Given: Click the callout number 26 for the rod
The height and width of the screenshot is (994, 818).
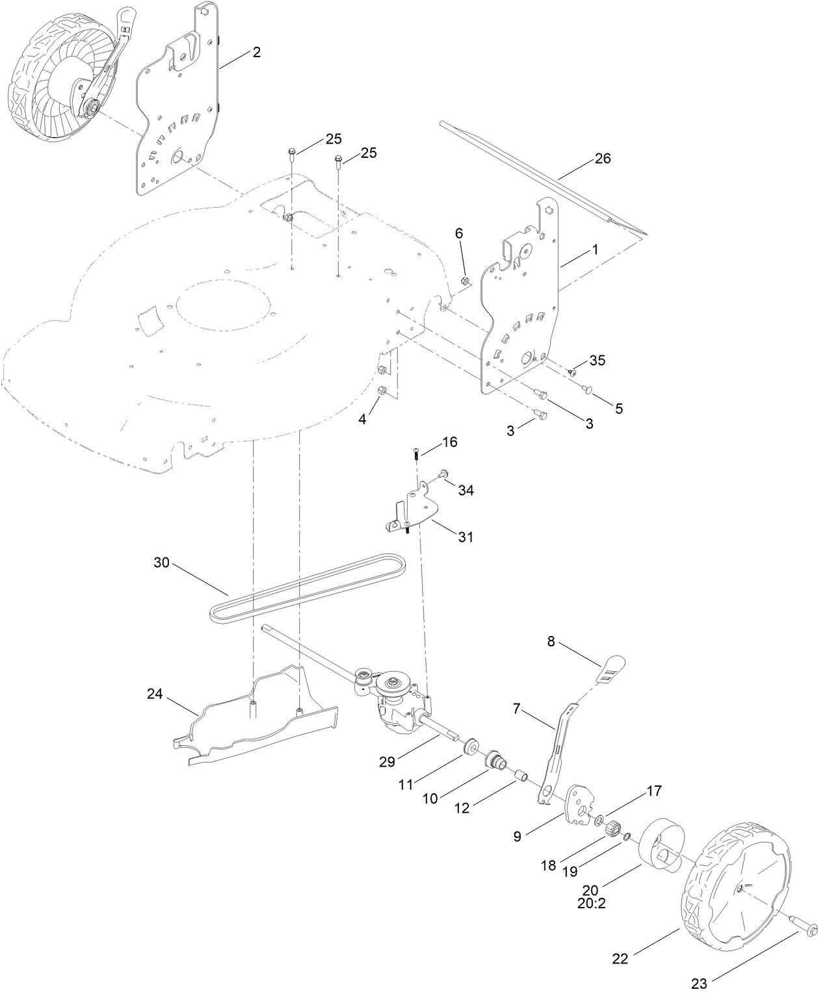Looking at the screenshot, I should [603, 159].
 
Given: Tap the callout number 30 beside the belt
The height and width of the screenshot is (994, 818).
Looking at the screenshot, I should [161, 563].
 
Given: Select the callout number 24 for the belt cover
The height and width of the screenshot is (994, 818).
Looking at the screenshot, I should [154, 695].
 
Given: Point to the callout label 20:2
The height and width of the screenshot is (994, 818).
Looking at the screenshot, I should [591, 903].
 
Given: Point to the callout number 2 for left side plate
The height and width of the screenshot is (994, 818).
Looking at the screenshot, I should [256, 53].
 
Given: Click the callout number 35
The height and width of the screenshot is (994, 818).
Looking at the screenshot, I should [597, 361].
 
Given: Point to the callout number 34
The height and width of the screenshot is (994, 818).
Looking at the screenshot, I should [466, 490].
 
